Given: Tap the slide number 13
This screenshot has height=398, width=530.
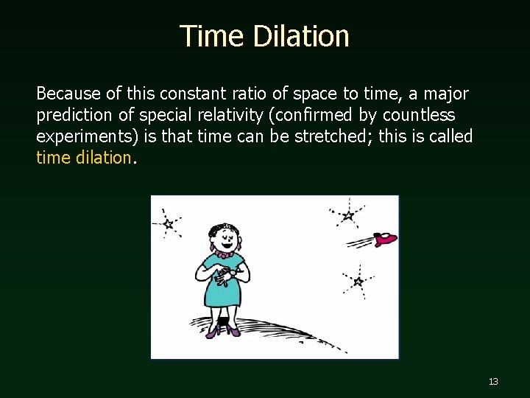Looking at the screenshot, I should coord(493,382).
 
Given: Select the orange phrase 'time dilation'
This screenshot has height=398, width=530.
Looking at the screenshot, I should coord(83,158).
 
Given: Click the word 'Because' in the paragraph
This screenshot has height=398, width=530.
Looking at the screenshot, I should coord(66,94).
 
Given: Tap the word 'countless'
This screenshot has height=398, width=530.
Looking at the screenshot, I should coord(419,115).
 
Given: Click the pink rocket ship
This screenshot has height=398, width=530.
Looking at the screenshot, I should coord(385,238).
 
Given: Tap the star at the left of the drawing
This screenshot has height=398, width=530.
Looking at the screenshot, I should coord(169,223).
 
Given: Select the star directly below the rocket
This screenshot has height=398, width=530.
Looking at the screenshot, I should coord(358,281).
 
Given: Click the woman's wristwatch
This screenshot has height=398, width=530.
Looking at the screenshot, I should coord(232,273).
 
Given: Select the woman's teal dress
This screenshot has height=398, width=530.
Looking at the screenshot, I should coord(220,291).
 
